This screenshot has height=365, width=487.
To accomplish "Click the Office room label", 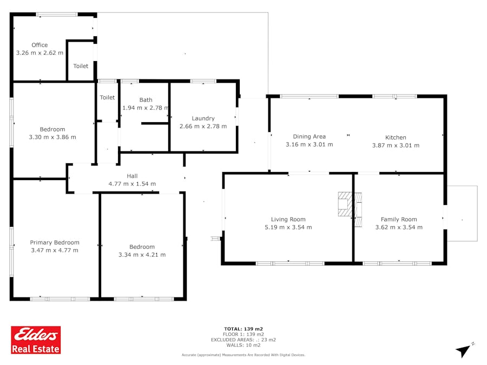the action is point(40,45).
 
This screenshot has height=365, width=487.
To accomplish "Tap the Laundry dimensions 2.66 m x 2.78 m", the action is point(203,127).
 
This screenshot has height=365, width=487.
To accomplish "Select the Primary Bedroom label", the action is point(55,242).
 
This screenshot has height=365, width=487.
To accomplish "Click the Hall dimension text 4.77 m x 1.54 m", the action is point(132,184).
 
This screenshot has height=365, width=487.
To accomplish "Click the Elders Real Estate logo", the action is point(36,340).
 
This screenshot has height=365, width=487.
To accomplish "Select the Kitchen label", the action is point(396,137).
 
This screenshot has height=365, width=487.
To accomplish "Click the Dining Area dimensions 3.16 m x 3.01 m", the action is point(310,144).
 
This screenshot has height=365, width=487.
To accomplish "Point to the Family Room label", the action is point(399,219).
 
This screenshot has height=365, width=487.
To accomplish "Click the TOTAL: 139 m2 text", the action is point(243,329).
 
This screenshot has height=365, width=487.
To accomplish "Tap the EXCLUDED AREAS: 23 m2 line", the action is point(243,340).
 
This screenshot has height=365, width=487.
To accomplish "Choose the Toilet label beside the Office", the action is point(81,66).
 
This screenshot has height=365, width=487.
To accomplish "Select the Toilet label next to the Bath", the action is point(107,97).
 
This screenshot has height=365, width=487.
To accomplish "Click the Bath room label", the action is point(146,100).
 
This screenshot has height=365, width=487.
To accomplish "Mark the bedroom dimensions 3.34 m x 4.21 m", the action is point(142,255).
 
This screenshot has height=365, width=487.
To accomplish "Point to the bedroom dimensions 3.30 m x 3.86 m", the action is point(52,137).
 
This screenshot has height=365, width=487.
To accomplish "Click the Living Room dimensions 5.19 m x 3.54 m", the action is point(288,227).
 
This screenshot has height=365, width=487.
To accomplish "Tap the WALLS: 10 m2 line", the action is point(243,345).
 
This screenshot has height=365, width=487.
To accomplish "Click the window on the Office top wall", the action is point(57,14).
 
